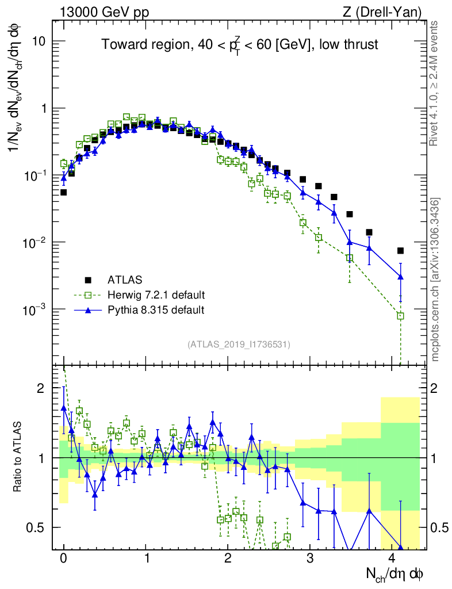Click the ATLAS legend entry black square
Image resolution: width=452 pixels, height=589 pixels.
point(88,280)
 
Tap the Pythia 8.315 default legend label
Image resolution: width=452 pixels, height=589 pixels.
point(156,310)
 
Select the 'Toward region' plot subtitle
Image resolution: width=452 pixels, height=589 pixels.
point(240,44)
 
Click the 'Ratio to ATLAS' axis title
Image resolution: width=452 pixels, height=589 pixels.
point(18,458)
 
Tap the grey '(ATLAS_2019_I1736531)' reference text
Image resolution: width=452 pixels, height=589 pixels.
point(239,345)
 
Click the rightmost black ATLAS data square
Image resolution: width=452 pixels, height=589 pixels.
point(400,250)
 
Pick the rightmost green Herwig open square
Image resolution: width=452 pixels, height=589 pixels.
point(400,316)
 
